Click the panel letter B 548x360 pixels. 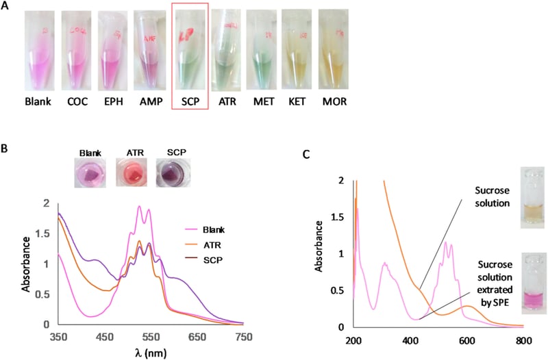8,145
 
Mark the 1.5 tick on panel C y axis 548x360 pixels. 342,216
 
